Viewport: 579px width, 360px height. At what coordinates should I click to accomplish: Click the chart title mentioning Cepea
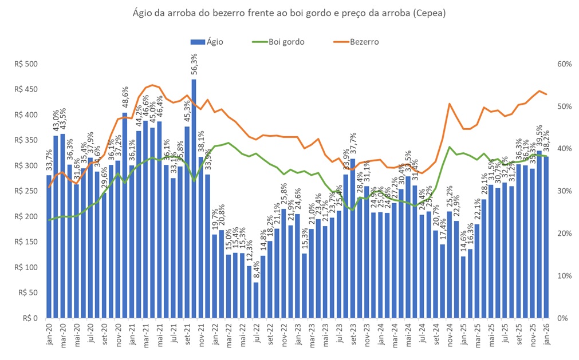289,12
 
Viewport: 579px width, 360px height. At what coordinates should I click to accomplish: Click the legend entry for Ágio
207,42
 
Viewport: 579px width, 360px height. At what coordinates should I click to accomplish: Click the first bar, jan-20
49,246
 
